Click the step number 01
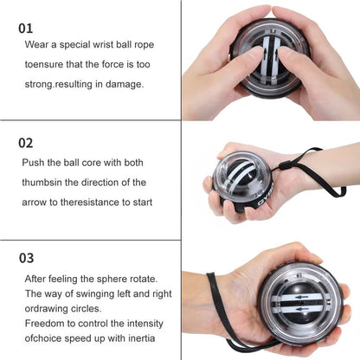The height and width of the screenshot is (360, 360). [27, 28]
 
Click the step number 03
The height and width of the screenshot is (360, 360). [28, 258]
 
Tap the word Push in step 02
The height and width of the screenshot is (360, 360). [36, 162]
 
